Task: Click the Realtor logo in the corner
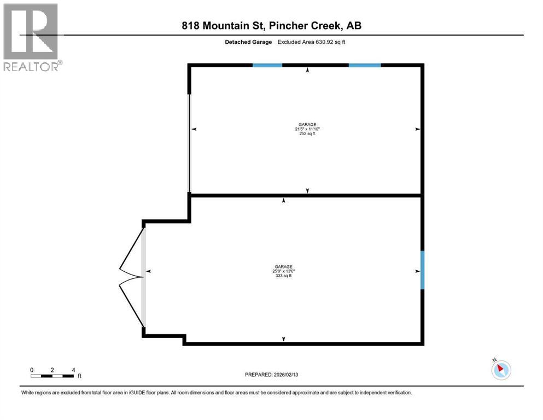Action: click(31, 37)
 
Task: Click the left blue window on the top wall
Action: click(267, 65)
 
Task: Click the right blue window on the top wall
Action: click(365, 65)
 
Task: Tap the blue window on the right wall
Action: click(422, 270)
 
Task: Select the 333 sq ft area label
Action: click(283, 276)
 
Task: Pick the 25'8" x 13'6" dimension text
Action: click(283, 271)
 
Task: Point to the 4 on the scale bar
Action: click(73, 370)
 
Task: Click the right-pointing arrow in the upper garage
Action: click(417, 129)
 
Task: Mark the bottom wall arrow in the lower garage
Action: click(283, 340)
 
